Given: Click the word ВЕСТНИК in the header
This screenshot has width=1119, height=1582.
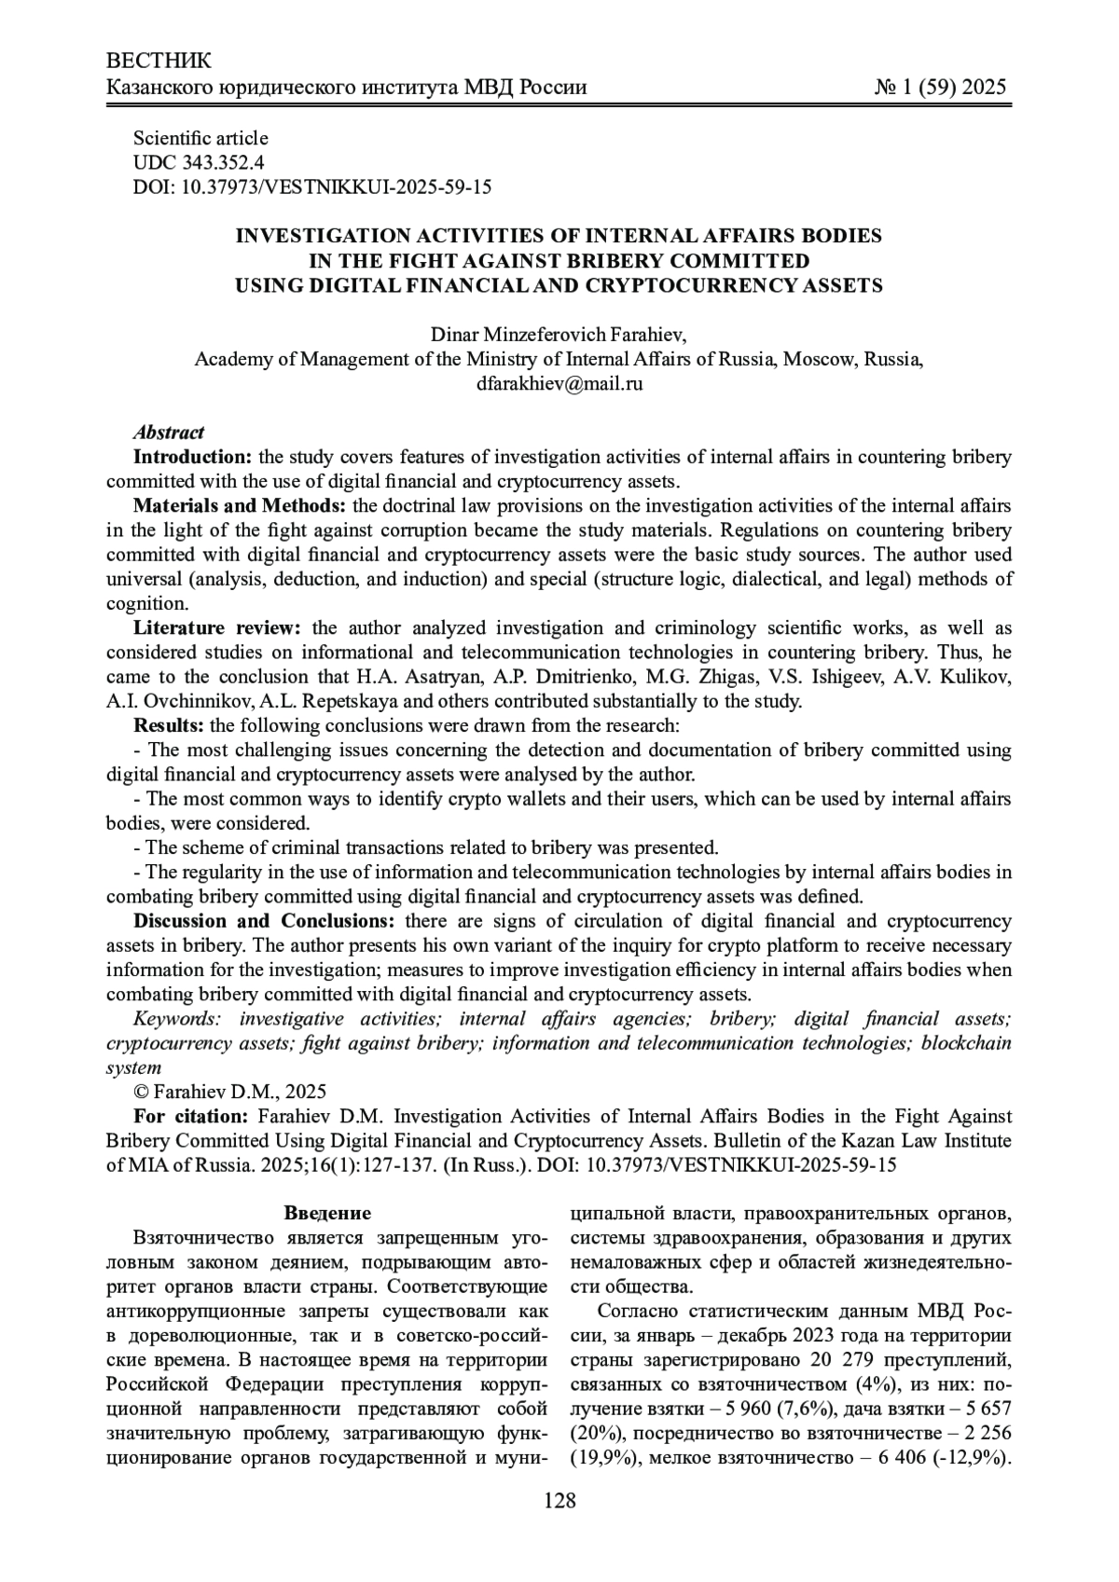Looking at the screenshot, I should [x=159, y=62].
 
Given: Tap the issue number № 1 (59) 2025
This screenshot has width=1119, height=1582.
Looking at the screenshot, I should [x=941, y=88].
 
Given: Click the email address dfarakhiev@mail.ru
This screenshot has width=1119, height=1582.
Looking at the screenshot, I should [x=559, y=383].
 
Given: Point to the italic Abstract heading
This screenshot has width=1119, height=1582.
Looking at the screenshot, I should [x=169, y=433].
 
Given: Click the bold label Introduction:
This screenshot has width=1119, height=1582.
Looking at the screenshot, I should [x=193, y=457].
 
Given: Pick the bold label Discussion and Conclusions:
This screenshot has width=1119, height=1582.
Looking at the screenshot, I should [x=265, y=921].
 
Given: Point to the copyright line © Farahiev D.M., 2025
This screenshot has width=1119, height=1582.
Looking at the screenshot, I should [x=230, y=1092].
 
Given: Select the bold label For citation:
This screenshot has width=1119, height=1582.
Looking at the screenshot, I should [x=191, y=1116].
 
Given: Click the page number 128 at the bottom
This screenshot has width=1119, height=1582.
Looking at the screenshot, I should [x=559, y=1501].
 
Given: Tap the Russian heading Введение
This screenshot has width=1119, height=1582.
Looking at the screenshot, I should [x=327, y=1214].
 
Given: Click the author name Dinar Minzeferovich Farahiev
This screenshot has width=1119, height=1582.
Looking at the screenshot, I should [x=559, y=335].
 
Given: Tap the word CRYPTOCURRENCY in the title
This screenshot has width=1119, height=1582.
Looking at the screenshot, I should [x=706, y=285].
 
